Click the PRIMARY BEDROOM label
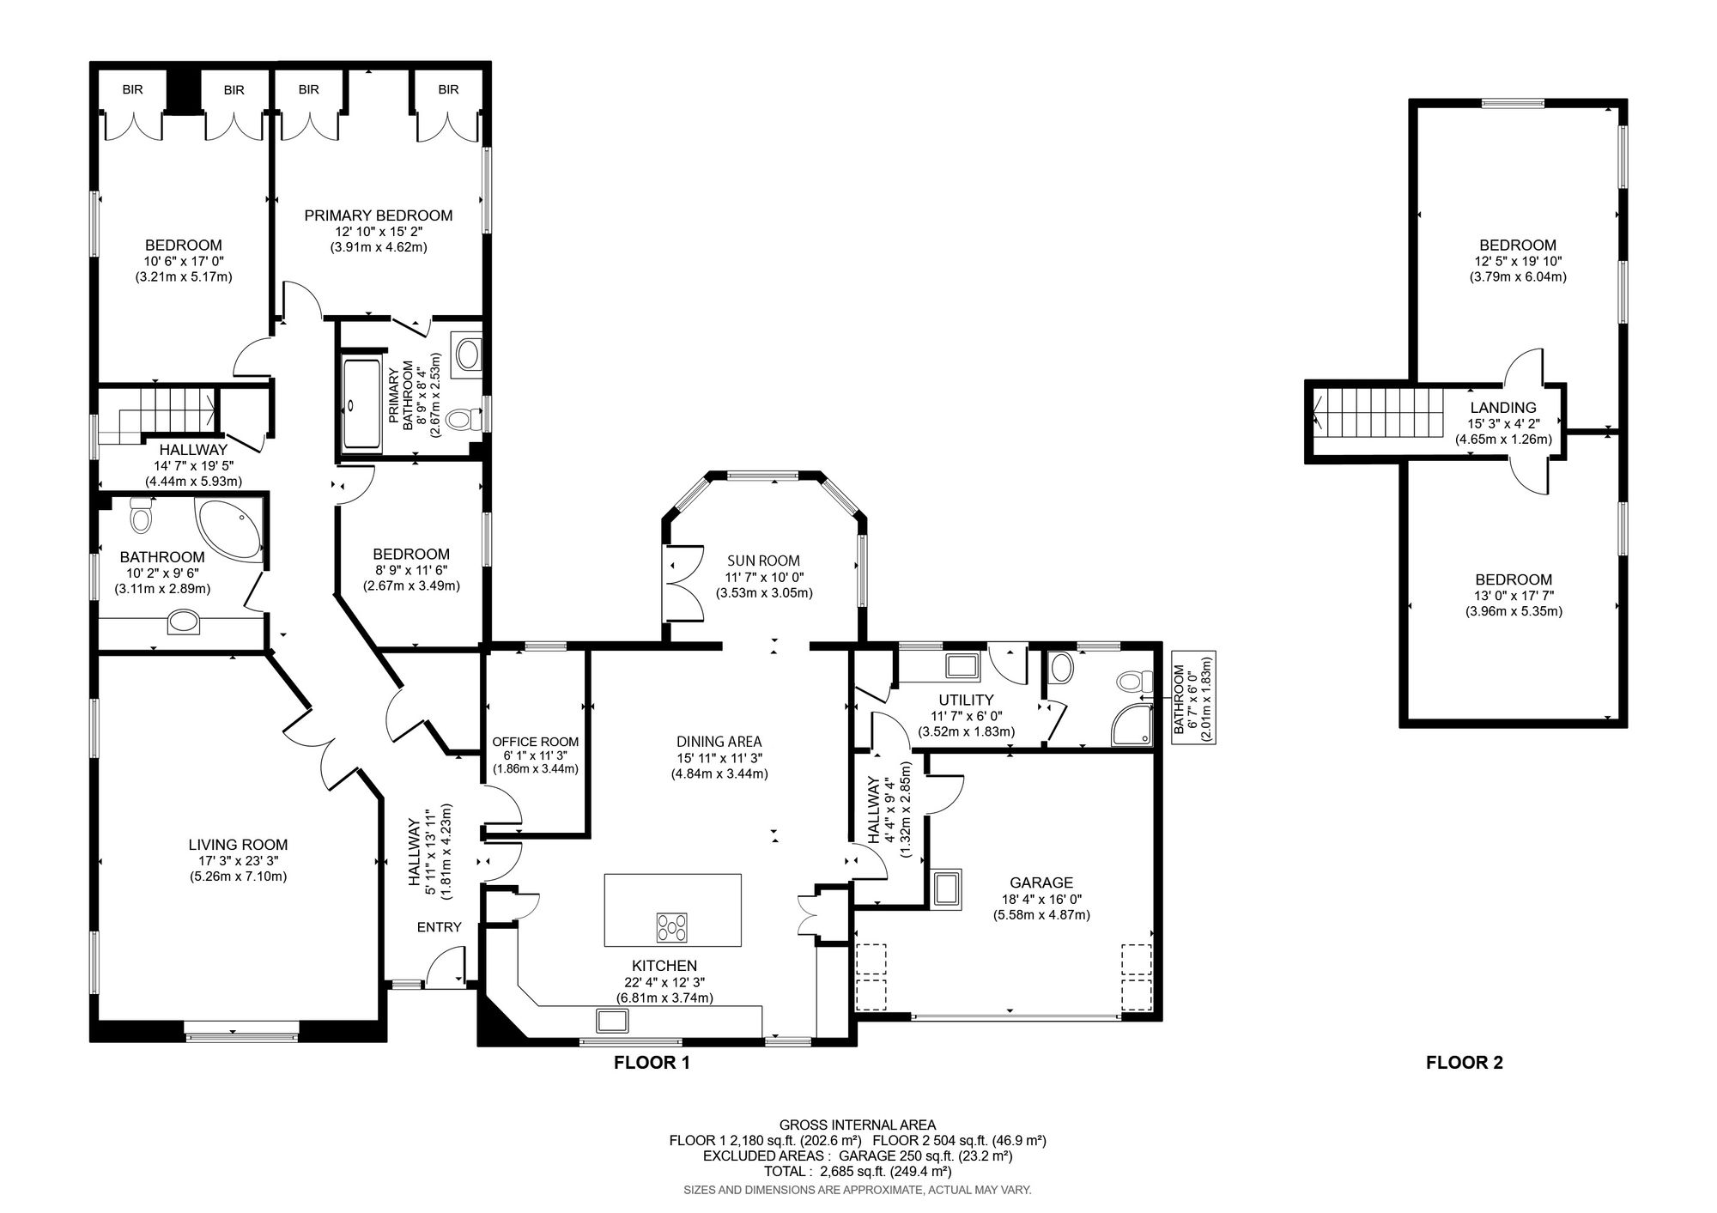tap(379, 215)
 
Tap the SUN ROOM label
tap(763, 561)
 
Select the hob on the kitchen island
tap(672, 926)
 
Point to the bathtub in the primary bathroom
tap(361, 404)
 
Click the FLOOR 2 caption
tap(1464, 1063)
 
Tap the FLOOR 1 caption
tap(652, 1063)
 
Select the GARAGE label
tap(1041, 882)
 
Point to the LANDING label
tap(1503, 408)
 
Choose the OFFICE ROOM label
tap(535, 742)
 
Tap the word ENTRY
tap(440, 927)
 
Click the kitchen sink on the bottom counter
tap(613, 1021)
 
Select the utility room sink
tap(962, 666)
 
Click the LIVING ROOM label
tap(238, 845)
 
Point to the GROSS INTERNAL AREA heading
tap(858, 1125)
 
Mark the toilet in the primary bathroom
tap(464, 420)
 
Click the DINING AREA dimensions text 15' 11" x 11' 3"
tap(719, 758)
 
